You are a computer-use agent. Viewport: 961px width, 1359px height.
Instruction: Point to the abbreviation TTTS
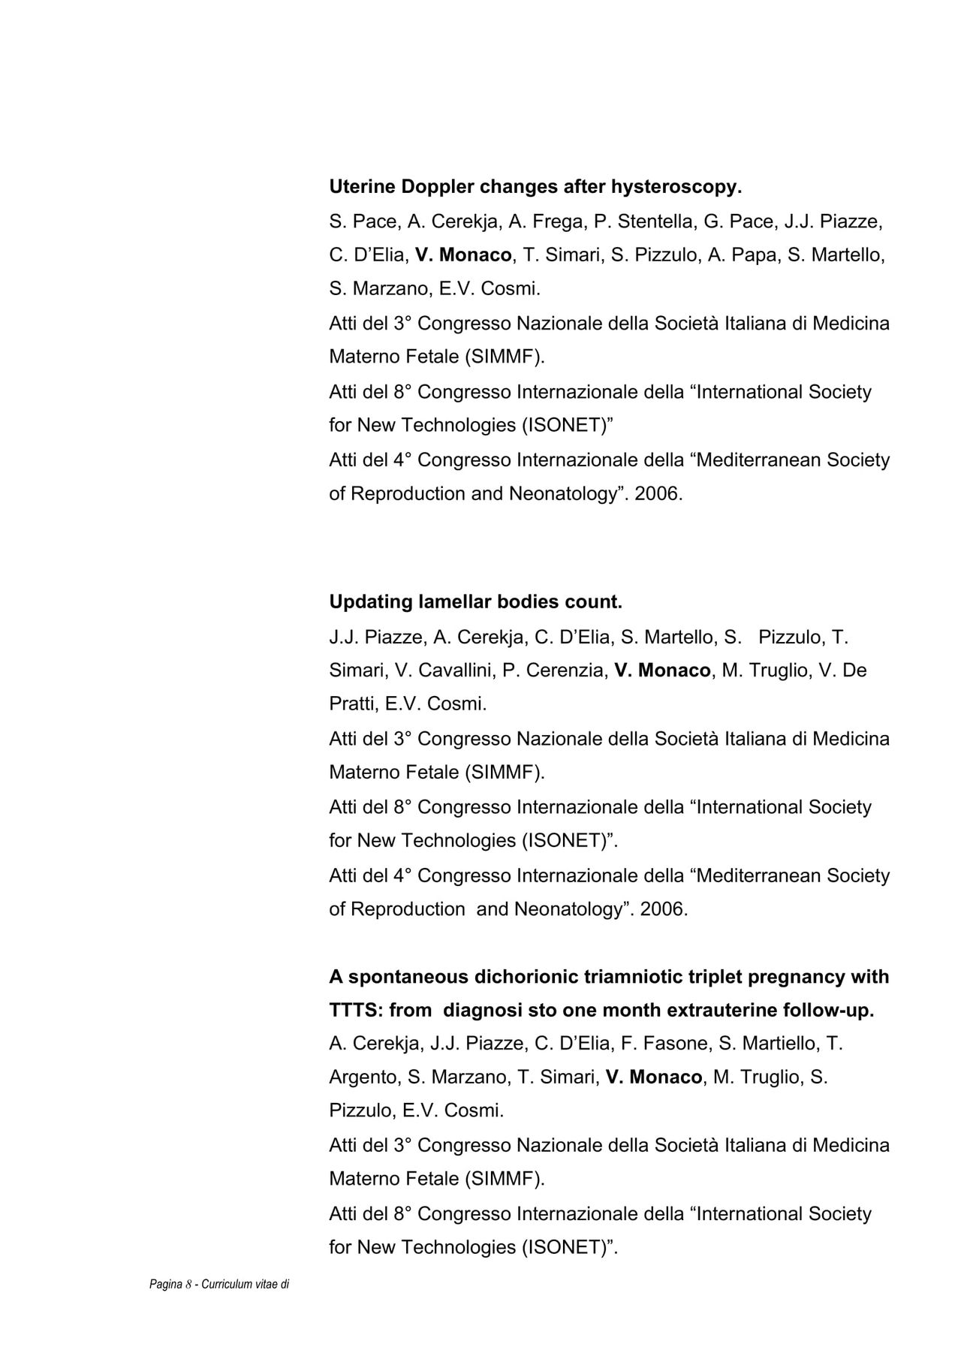[356, 1011]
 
